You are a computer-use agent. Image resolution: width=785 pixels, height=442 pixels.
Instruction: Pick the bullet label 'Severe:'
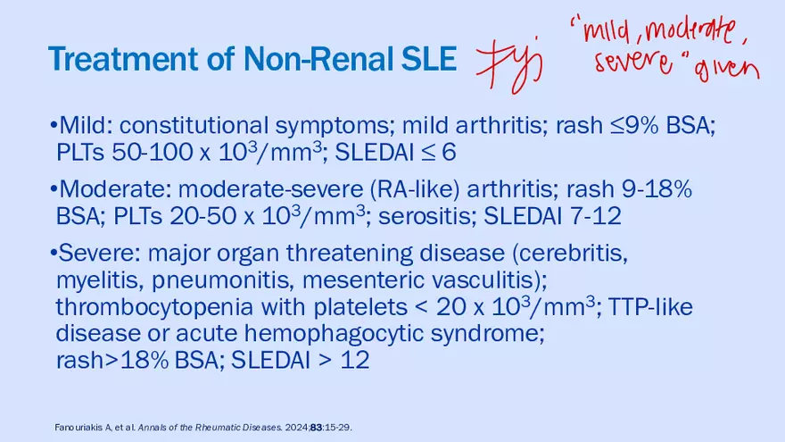tap(96, 253)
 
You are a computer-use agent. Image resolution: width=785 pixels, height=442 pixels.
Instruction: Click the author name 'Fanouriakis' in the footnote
tap(78, 428)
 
